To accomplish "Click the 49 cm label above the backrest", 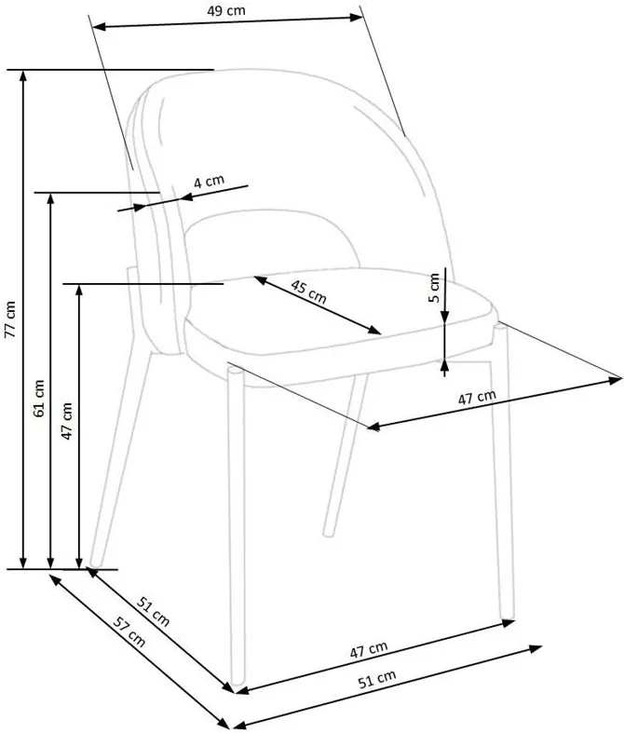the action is [x=226, y=10].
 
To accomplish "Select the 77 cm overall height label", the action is [x=10, y=319].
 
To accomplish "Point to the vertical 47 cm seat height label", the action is [x=67, y=421].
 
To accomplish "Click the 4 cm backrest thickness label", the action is [x=210, y=181].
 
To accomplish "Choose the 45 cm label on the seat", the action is [x=308, y=292].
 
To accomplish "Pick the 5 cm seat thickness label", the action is [x=434, y=288].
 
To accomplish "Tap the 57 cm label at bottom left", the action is [x=129, y=632].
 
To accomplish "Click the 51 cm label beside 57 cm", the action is [x=154, y=612].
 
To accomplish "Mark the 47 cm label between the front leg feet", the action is [x=369, y=649].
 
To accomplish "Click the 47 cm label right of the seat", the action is [x=476, y=398].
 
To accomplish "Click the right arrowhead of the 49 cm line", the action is [x=357, y=18].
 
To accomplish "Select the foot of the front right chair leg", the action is [x=507, y=614].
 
